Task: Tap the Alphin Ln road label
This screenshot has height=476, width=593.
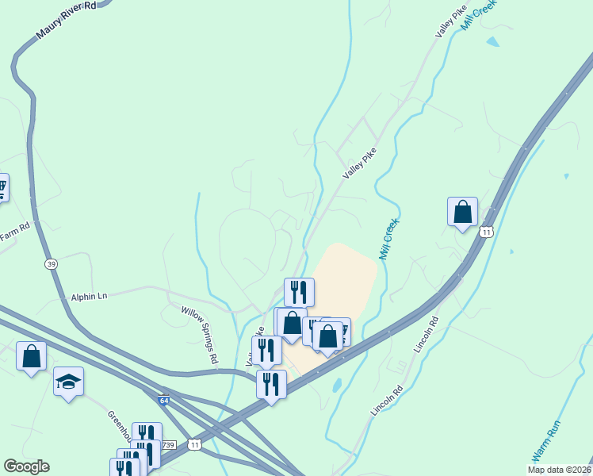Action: point(89,296)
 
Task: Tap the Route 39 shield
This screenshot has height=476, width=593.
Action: point(51,264)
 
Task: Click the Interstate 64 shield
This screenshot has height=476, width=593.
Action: point(163,402)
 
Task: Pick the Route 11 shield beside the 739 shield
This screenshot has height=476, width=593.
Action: point(194,445)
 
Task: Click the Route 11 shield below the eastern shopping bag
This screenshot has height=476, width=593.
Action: point(486,231)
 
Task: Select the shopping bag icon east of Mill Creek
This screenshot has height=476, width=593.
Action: point(462,212)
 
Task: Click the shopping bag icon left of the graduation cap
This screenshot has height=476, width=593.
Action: point(31,355)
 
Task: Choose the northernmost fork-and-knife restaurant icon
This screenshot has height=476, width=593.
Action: point(298,292)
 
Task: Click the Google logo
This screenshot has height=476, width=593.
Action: point(26,466)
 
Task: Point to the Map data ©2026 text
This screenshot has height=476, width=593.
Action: point(560,470)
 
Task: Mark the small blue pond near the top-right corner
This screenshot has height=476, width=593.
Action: point(493,40)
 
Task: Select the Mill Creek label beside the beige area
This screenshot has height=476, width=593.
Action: point(388,240)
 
